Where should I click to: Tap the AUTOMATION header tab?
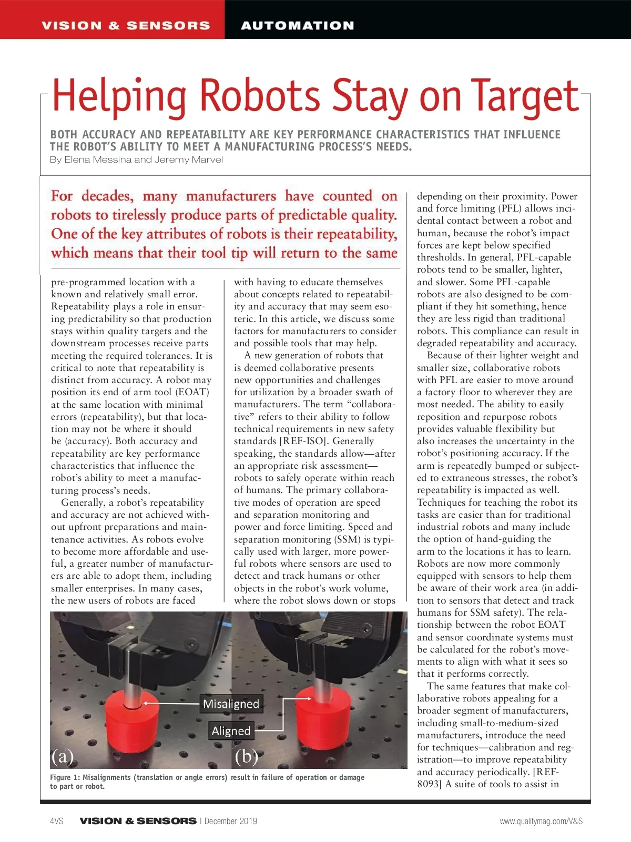click(298, 25)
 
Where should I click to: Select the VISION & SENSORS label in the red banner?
click(126, 25)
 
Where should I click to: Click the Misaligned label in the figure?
click(231, 704)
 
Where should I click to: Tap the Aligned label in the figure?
click(231, 730)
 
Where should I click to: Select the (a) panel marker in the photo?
click(63, 756)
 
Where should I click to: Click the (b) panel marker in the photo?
click(246, 756)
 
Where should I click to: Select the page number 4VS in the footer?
click(57, 821)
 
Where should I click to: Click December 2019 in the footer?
click(231, 821)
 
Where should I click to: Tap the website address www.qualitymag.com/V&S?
click(541, 821)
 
